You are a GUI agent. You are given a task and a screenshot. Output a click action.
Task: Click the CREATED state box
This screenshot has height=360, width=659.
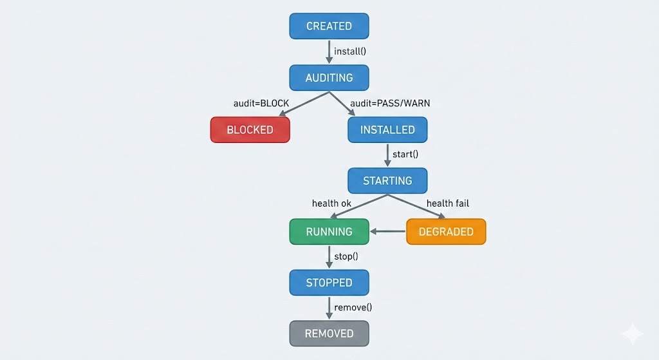click(x=329, y=26)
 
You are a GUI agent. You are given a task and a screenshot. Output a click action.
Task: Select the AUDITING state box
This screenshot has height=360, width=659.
click(x=329, y=77)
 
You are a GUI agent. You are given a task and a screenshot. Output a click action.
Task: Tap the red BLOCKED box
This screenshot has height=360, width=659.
click(x=250, y=129)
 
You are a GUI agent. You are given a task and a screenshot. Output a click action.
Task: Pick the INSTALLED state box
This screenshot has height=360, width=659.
click(x=387, y=129)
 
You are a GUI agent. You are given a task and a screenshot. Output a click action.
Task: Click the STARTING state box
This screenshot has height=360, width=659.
click(x=387, y=180)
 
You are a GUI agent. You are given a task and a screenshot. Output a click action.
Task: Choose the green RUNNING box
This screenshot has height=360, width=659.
click(x=329, y=232)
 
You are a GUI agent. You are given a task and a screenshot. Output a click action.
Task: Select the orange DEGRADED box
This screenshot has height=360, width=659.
click(x=446, y=232)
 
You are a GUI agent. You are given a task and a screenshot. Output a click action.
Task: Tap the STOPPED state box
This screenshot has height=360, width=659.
click(x=329, y=283)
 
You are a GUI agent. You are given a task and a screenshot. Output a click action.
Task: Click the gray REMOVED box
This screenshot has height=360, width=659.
click(x=329, y=334)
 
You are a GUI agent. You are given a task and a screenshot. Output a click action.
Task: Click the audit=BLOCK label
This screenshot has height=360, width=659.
click(x=261, y=103)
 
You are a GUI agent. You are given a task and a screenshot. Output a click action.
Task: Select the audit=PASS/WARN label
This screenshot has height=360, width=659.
click(x=390, y=103)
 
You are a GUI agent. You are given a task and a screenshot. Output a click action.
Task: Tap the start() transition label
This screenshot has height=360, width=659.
click(x=405, y=155)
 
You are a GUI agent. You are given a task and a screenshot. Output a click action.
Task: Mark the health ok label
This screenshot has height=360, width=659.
click(x=332, y=204)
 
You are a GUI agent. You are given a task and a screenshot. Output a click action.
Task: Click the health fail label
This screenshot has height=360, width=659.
click(x=448, y=204)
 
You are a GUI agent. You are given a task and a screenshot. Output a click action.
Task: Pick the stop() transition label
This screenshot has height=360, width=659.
click(x=346, y=256)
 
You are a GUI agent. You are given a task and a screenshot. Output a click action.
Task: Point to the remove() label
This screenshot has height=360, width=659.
click(x=353, y=307)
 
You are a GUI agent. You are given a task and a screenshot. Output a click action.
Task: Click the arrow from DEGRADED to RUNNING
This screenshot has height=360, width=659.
click(x=387, y=232)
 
